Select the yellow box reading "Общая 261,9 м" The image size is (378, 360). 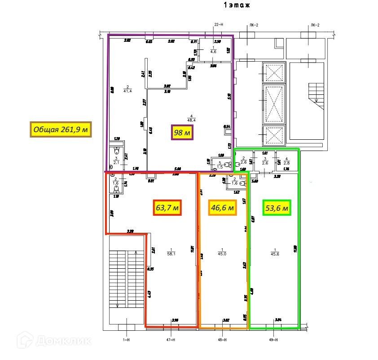(60, 130)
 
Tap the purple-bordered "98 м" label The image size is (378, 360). (182, 133)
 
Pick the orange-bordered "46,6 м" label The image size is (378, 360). (223, 208)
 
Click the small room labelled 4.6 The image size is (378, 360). (213, 52)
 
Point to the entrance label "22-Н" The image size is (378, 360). (220, 25)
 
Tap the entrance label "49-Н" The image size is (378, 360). (273, 340)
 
